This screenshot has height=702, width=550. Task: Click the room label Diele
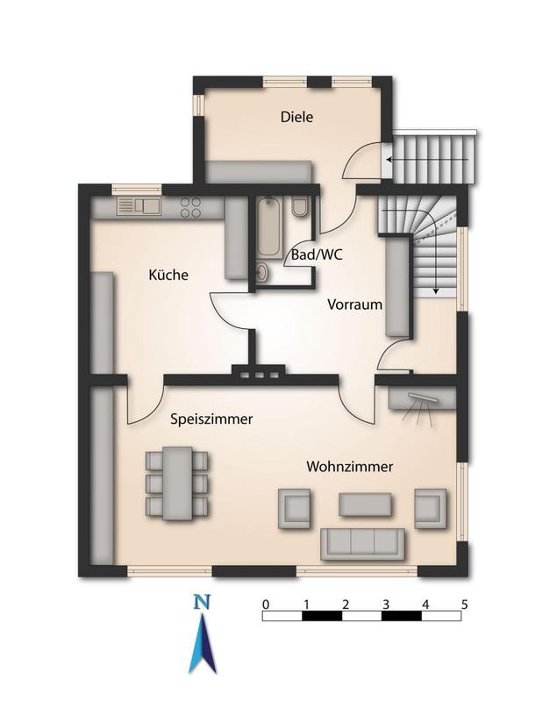[296, 117]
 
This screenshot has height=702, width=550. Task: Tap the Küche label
[168, 276]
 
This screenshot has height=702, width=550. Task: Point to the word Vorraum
[354, 306]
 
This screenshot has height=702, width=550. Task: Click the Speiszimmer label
[211, 420]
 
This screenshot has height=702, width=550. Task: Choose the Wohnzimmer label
[348, 467]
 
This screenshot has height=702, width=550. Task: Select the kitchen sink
[138, 207]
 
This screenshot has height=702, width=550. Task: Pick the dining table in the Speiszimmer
[178, 483]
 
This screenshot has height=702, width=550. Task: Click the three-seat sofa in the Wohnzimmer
[362, 544]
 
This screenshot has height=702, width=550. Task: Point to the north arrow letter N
[203, 603]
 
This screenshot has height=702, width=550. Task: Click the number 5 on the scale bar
[464, 603]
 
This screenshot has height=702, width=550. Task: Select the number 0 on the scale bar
[265, 603]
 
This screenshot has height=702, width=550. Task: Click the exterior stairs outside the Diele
[433, 157]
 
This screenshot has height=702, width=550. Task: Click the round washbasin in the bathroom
[262, 272]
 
